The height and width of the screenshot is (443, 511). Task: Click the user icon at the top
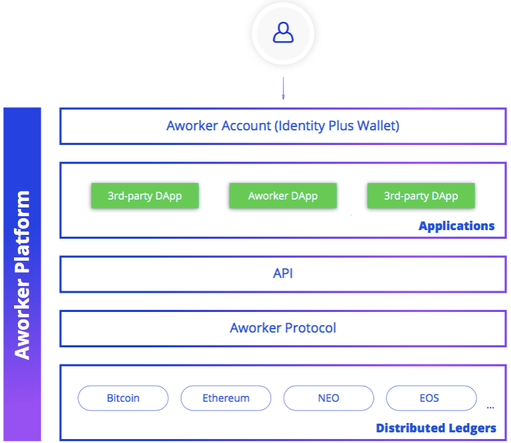[x=283, y=33]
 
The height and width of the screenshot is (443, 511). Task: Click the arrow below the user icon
[x=283, y=88]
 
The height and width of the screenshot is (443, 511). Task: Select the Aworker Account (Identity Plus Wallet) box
[x=283, y=126]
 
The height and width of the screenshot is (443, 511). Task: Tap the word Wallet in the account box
[x=378, y=126]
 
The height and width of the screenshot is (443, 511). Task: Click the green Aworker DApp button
[x=283, y=196]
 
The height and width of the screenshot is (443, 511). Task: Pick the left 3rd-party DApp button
[x=145, y=196]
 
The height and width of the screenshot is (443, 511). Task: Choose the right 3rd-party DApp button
[x=421, y=196]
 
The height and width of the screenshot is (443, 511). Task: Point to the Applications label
[x=456, y=226]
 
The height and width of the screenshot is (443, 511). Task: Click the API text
[x=283, y=273]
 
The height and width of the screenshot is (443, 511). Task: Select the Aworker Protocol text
[x=283, y=328]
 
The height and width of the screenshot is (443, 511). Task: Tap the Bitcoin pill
[x=123, y=398]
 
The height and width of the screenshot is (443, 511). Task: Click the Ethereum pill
[x=226, y=398]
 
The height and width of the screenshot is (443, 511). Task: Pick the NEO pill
[x=329, y=398]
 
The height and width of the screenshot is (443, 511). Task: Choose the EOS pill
[x=431, y=398]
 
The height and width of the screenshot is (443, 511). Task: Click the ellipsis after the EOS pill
[x=490, y=408]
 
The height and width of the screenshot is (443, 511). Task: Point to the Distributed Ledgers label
[x=436, y=428]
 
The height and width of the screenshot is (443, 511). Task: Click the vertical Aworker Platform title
[x=23, y=275]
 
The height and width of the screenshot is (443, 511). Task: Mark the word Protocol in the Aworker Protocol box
[x=311, y=328]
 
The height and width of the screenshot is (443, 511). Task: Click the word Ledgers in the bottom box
[x=472, y=428]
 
